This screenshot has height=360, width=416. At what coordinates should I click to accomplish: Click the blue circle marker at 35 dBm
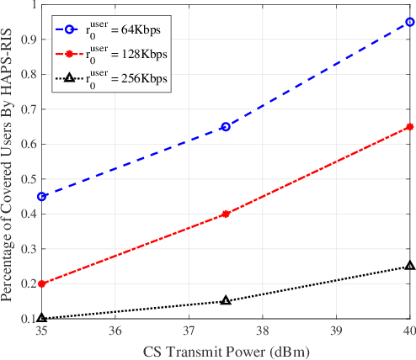pos(42,196)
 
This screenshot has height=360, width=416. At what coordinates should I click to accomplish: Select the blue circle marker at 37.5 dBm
pos(226,126)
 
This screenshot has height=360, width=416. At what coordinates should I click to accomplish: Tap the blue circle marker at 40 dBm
pos(409,22)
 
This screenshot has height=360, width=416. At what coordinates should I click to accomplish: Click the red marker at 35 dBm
pos(42,283)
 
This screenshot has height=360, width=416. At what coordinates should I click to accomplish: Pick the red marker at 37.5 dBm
pos(226,214)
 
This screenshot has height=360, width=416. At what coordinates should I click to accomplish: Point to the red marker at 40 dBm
pos(409,126)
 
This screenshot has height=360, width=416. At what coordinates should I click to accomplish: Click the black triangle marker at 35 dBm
pos(42,318)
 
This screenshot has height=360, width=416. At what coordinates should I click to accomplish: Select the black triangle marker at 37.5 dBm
pos(226,300)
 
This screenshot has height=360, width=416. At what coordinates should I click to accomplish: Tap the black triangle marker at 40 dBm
pos(409,266)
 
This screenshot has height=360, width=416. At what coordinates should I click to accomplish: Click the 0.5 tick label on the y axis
pos(28,179)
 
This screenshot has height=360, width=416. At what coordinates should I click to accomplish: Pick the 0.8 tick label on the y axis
pos(28,74)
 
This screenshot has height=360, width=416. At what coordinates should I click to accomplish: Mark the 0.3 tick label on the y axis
pos(28,249)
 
